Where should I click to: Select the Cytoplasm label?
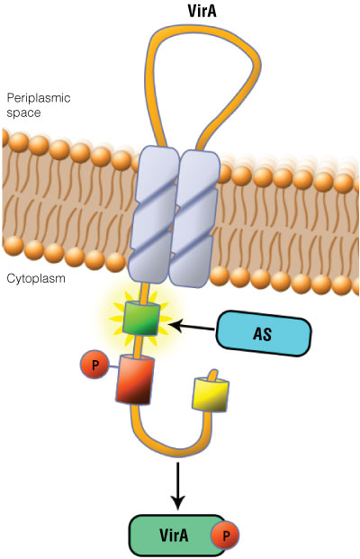pos(36,279)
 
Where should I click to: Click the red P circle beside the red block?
pos(93,366)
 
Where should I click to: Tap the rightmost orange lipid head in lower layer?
pos(350,286)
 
